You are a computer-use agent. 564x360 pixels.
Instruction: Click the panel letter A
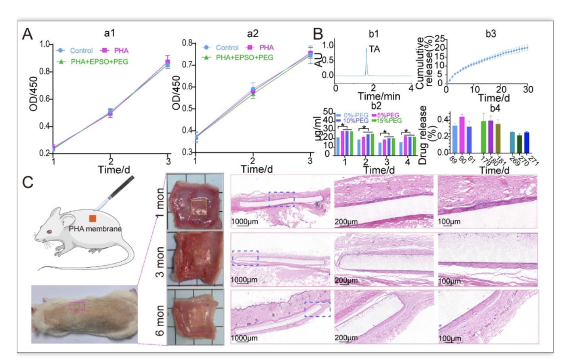click(27, 34)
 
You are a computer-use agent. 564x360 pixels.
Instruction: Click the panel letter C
click(28, 182)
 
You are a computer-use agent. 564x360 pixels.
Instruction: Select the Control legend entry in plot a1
click(75, 51)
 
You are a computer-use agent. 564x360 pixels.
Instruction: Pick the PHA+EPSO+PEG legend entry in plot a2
click(238, 57)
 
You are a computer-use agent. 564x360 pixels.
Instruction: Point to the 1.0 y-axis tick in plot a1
click(44, 44)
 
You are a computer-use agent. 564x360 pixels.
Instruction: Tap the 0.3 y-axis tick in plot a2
click(187, 152)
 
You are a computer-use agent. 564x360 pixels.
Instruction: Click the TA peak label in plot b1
click(374, 49)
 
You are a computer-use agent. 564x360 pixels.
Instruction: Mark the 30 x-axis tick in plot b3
click(528, 89)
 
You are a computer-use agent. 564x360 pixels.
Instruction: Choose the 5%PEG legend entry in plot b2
click(386, 115)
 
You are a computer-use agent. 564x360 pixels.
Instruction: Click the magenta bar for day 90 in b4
click(462, 135)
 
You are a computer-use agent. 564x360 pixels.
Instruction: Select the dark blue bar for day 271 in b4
click(526, 143)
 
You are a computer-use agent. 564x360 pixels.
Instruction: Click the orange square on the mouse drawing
click(92, 218)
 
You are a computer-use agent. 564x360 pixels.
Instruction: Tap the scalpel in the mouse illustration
click(114, 193)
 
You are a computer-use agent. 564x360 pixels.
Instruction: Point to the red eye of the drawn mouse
click(49, 232)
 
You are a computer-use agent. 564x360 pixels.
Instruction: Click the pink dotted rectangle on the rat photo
click(77, 306)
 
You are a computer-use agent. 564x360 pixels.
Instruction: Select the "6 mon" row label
click(160, 320)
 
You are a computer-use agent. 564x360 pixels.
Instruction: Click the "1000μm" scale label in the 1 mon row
click(244, 222)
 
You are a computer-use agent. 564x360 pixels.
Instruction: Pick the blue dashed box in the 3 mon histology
click(246, 258)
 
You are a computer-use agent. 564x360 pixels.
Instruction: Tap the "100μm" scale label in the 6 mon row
click(450, 338)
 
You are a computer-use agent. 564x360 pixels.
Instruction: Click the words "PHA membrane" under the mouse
click(95, 229)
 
